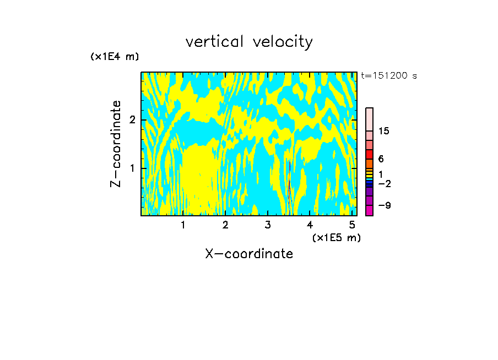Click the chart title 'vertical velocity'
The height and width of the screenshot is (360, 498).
[249, 42]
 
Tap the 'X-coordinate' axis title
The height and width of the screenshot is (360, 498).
[249, 254]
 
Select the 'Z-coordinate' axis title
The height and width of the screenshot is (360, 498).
[116, 144]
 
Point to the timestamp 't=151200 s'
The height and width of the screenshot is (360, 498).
[389, 76]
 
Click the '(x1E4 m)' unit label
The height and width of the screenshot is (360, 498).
[115, 57]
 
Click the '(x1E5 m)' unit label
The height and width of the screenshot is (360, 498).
[336, 237]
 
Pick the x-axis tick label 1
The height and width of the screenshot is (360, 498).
[183, 225]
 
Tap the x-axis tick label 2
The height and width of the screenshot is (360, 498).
[225, 225]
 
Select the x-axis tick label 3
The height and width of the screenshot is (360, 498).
[268, 225]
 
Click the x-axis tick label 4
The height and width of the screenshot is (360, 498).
[310, 225]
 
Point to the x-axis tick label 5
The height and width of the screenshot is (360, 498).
[352, 225]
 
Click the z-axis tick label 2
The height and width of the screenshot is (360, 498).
[132, 120]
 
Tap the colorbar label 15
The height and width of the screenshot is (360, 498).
[385, 131]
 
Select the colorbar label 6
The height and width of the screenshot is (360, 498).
[381, 159]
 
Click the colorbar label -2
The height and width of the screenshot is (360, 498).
[385, 184]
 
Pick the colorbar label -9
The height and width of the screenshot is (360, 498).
[385, 206]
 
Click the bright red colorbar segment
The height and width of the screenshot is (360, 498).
[369, 154]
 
